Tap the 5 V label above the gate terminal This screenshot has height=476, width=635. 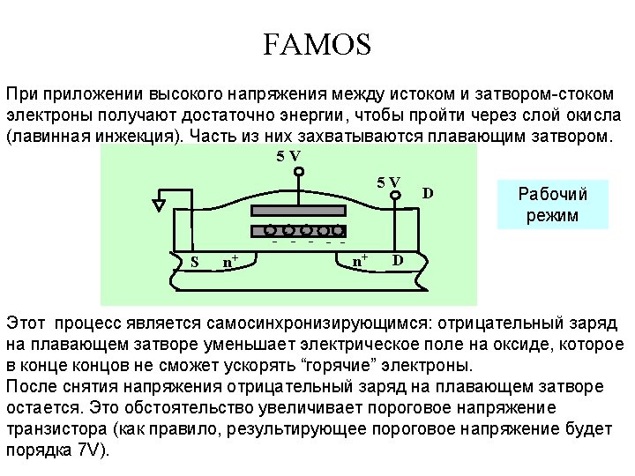288,155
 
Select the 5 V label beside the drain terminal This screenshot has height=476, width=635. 388,182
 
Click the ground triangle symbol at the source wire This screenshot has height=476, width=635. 159,205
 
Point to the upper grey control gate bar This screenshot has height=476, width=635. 300,212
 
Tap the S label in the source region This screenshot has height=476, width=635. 195,261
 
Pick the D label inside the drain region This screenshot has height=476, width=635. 398,260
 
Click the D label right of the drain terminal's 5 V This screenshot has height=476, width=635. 428,192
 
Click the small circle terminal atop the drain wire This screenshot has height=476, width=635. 397,198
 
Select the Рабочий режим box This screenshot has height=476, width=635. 552,205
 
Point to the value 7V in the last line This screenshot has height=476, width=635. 90,449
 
